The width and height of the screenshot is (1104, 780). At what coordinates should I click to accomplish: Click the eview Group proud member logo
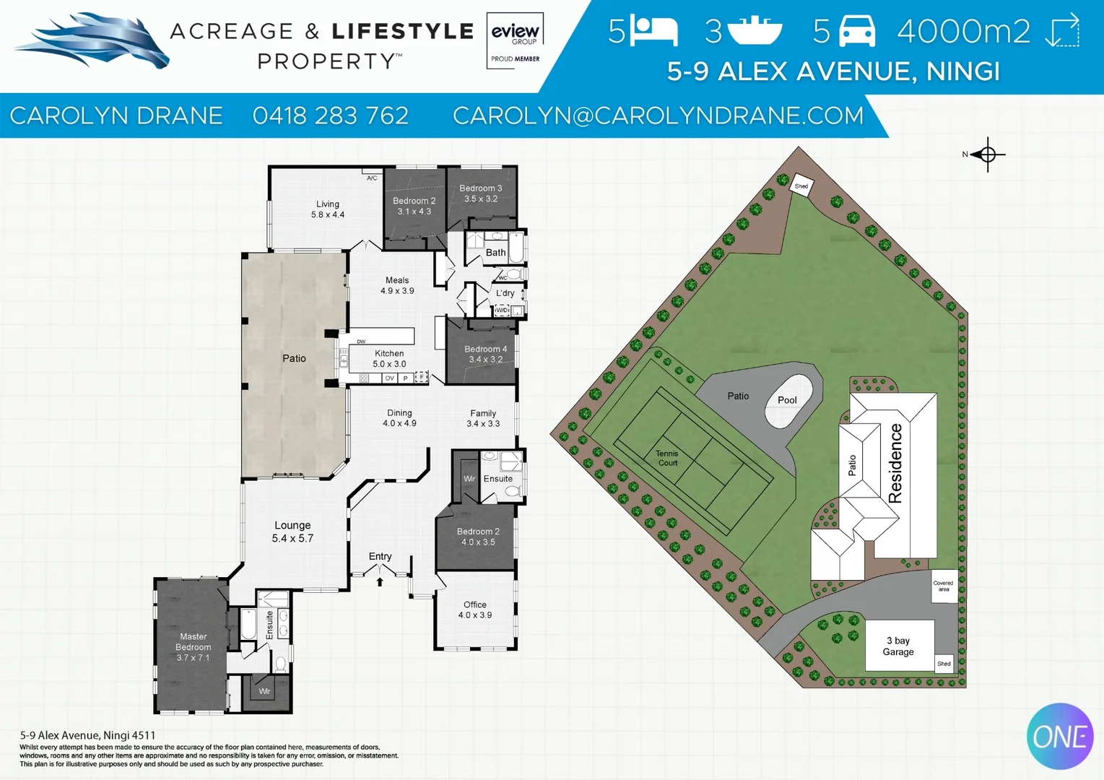515,40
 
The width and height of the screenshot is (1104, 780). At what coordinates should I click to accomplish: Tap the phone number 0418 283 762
331,116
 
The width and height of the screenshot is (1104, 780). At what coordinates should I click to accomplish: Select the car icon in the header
857,31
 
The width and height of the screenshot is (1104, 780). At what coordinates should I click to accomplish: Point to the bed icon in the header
654,31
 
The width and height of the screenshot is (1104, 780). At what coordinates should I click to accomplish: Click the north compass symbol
987,155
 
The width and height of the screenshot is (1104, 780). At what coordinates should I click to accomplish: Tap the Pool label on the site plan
787,400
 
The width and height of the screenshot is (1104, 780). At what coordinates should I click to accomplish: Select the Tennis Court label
667,458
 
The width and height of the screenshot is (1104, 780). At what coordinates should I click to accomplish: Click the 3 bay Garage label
898,646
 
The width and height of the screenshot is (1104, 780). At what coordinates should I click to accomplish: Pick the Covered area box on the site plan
944,586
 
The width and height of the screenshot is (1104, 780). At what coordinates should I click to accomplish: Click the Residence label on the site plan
895,463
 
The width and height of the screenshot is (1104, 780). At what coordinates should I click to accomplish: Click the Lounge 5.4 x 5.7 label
292,532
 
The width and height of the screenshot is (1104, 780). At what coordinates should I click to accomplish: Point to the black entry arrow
380,582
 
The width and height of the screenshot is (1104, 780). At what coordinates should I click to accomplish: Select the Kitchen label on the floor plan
389,353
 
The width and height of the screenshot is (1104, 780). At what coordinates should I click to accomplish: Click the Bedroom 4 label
485,349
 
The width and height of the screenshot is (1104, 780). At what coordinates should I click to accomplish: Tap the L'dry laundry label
505,293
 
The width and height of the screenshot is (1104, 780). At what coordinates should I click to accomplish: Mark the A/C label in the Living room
372,178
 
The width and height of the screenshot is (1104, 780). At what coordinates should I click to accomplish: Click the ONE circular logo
1060,737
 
